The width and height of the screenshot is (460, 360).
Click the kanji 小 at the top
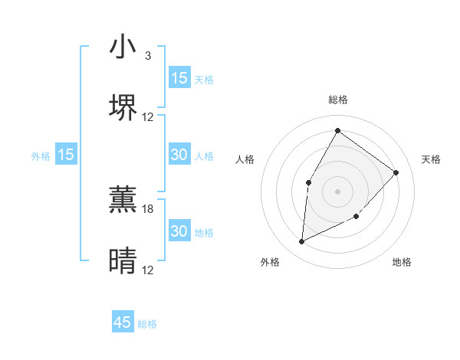pyautogui.click(x=123, y=47)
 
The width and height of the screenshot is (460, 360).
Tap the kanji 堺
pyautogui.click(x=123, y=107)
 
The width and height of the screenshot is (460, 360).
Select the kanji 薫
pyautogui.click(x=123, y=200)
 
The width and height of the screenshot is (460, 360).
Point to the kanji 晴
pyautogui.click(x=123, y=261)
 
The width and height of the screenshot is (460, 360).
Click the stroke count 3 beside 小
pyautogui.click(x=148, y=56)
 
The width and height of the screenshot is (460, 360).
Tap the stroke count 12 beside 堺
pyautogui.click(x=148, y=117)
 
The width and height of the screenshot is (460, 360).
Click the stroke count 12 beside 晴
pyautogui.click(x=148, y=270)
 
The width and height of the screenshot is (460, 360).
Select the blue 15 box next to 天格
pyautogui.click(x=179, y=78)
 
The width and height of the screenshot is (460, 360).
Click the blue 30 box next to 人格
pyautogui.click(x=179, y=155)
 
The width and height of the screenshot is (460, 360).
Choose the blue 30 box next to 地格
pyautogui.click(x=179, y=231)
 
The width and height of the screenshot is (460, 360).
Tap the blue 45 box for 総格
pyautogui.click(x=123, y=322)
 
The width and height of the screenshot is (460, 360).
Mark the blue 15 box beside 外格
pyautogui.click(x=66, y=155)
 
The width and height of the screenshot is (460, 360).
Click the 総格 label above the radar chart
pyautogui.click(x=338, y=100)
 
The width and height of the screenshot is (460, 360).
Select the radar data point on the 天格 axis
pyautogui.click(x=396, y=172)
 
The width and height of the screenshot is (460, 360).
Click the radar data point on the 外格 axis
pyautogui.click(x=301, y=242)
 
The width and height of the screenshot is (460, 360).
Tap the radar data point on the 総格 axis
pyautogui.click(x=337, y=130)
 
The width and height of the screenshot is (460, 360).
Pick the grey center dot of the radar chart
pyautogui.click(x=337, y=190)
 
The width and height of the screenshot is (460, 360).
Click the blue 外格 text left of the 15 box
pyautogui.click(x=41, y=155)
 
